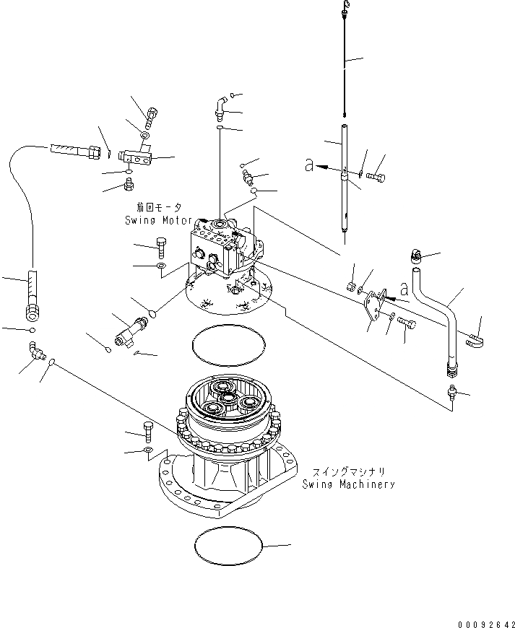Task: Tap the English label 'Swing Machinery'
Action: [348, 484]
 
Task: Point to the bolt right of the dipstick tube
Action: [376, 175]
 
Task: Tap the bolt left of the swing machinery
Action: [149, 430]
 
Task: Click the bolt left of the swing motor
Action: [160, 248]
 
